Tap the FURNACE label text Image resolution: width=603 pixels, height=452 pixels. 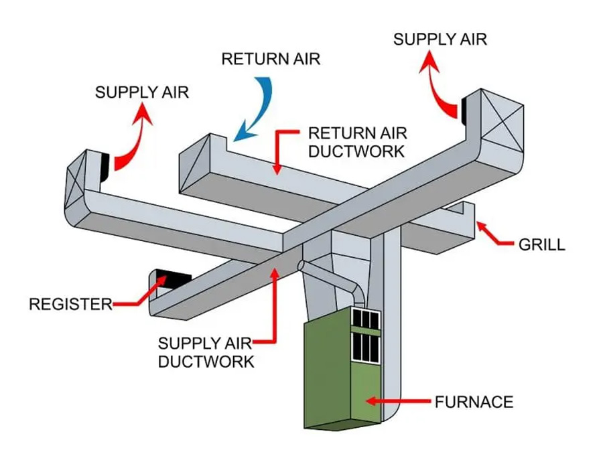click(474, 402)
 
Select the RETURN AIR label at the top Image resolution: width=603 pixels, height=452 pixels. click(271, 59)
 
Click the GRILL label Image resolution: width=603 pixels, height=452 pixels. click(542, 244)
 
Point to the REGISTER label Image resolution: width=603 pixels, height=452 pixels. click(70, 305)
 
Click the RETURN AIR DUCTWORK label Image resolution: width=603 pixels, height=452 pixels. click(356, 142)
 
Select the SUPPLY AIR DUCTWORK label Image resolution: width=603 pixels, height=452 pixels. click(206, 353)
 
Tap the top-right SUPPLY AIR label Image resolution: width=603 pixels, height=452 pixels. click(440, 39)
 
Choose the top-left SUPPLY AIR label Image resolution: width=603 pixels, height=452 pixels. click(142, 92)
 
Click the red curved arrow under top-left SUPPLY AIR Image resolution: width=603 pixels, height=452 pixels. click(134, 144)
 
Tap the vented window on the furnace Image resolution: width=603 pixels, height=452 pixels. click(366, 335)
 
